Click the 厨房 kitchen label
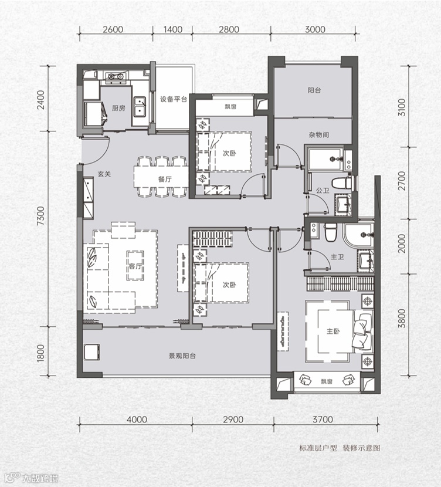118,108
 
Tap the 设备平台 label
174,99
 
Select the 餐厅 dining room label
165,179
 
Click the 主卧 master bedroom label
333,332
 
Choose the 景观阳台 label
182,356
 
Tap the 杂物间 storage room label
318,135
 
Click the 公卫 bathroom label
323,190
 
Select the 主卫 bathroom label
337,257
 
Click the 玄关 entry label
104,174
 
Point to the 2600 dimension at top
113,29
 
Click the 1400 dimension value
172,29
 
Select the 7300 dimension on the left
40,216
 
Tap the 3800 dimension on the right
402,319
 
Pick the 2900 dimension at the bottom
233,420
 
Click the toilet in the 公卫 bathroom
342,183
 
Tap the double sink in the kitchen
140,107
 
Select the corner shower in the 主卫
358,235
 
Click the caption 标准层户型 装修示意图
340,448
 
